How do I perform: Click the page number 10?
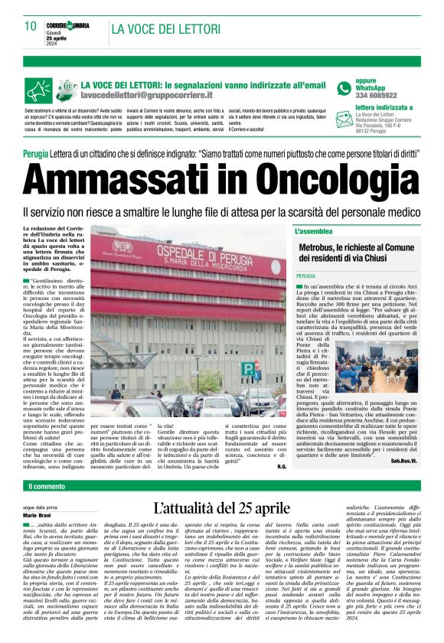[30, 25]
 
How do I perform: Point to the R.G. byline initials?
[282, 445]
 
